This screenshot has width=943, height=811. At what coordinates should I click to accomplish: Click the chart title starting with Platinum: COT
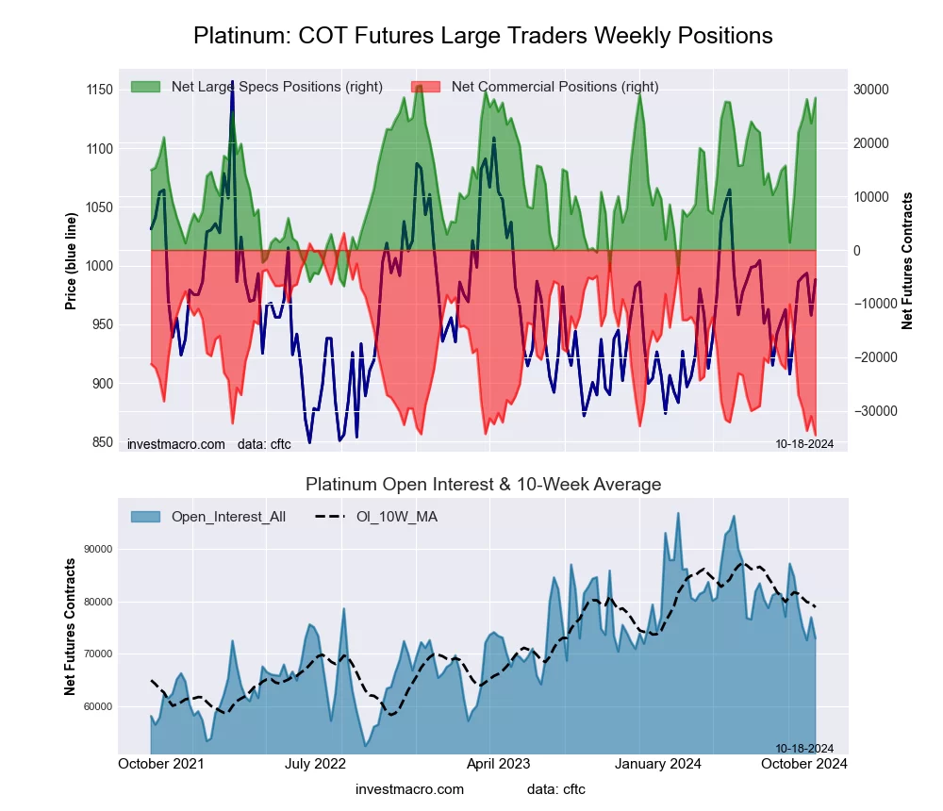point(483,36)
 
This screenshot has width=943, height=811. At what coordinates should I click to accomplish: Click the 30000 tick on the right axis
point(873,90)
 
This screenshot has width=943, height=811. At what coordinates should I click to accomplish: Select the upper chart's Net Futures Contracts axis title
point(907,260)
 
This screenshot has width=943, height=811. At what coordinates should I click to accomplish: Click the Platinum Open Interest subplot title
point(483,485)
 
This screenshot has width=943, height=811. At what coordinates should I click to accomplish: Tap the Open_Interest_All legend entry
point(228,517)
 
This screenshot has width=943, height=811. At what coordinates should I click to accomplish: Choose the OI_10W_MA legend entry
point(396,517)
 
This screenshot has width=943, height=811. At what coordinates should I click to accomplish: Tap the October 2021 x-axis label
point(161,764)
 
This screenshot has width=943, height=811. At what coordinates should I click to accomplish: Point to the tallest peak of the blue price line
point(232,85)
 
